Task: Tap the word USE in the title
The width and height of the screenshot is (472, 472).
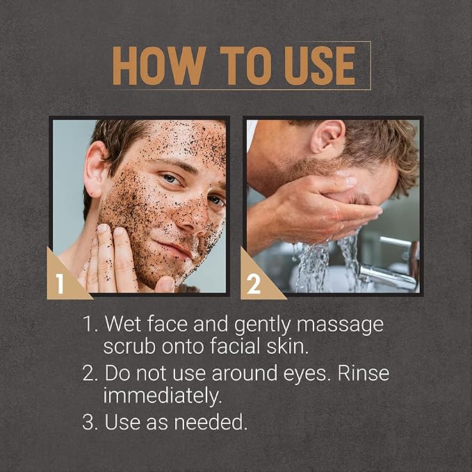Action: [x=320, y=65]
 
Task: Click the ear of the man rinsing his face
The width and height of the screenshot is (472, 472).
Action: [x=327, y=136]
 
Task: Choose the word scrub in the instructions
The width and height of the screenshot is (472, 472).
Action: [x=129, y=346]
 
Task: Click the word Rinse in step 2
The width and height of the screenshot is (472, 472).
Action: [x=364, y=373]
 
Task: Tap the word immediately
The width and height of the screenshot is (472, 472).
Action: [x=163, y=396]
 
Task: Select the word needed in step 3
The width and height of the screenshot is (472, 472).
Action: [x=211, y=422]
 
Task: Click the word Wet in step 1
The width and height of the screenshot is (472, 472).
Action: [x=122, y=324]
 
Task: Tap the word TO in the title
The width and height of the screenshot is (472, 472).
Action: [x=245, y=65]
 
